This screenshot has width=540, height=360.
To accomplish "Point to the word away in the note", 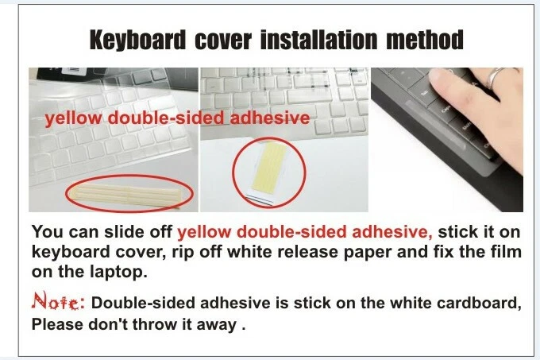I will pyautogui.click(x=219, y=324).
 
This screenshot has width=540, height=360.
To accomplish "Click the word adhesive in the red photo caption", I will pyautogui.click(x=269, y=119).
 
